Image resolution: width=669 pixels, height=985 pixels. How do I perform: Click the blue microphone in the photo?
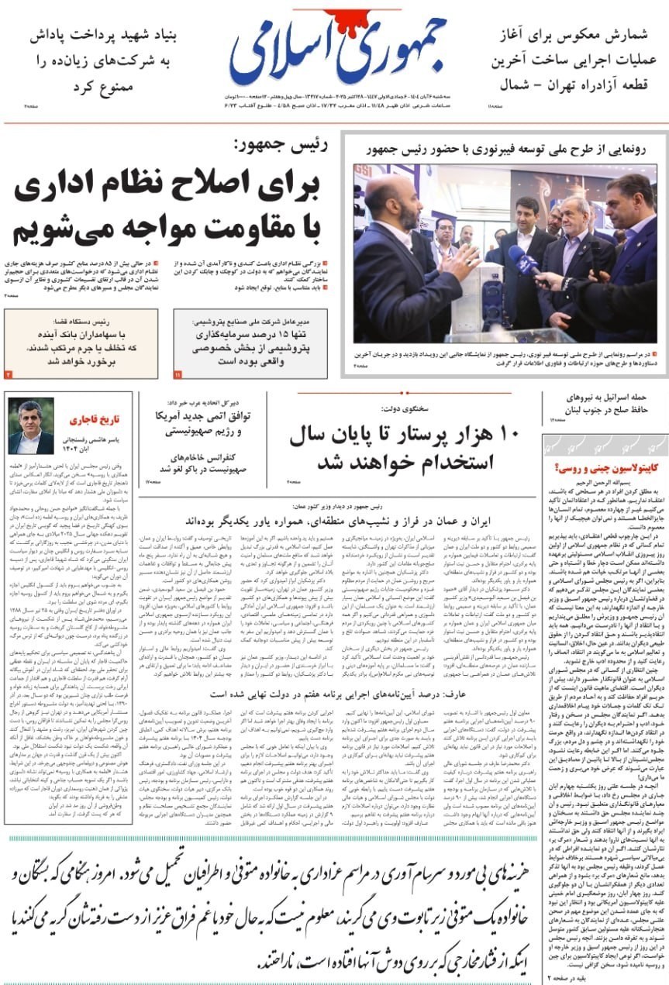pos(523,260)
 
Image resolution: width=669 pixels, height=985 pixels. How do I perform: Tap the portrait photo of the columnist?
pos(31,426)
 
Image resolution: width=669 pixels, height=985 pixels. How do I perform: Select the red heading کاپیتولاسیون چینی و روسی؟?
pos(606,468)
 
